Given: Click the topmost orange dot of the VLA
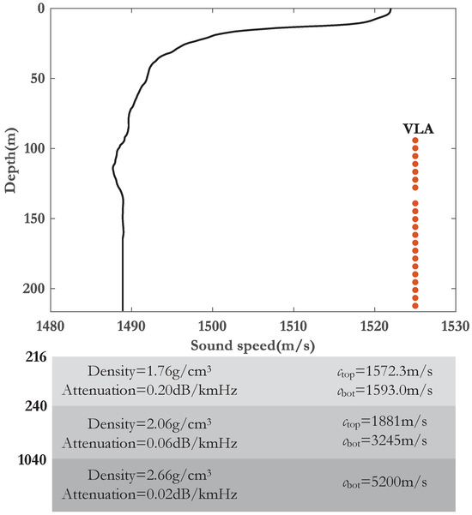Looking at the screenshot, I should point(415,141).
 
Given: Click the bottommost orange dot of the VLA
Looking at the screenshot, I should point(415,306).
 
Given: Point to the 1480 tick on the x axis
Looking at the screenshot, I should point(51,326).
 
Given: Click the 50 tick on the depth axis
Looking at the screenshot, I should point(35,79).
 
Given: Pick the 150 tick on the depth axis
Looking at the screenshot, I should point(32,219).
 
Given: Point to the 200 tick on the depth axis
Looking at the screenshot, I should point(32,288).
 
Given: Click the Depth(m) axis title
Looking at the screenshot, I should point(11,160).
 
